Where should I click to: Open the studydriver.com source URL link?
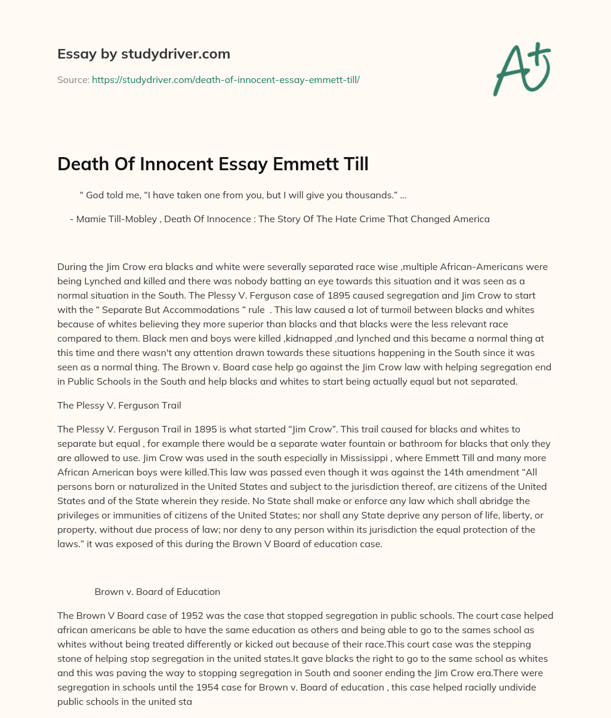coord(226,79)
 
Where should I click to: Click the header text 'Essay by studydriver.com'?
coord(143,54)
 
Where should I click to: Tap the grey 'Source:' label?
coord(73,79)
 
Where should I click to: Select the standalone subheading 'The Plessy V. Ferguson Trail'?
coord(119,405)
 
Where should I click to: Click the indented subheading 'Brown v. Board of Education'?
coord(157,591)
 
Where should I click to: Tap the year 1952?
coord(181,615)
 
